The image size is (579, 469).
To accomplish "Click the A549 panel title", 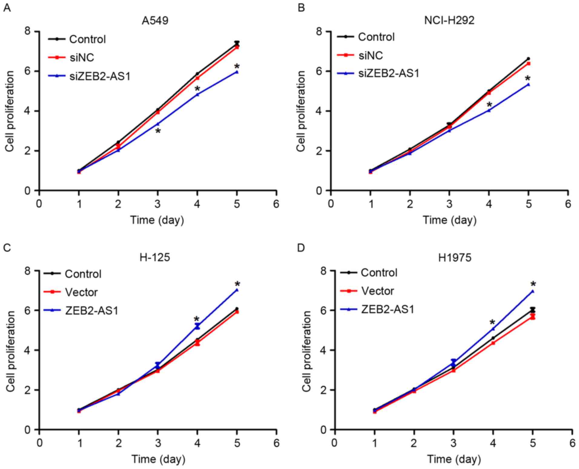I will pyautogui.click(x=155, y=21).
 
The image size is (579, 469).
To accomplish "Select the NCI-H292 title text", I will pyautogui.click(x=449, y=21).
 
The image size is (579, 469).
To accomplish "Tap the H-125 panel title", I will pyautogui.click(x=155, y=258).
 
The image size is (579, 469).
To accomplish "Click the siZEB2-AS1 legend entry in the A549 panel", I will pyautogui.click(x=100, y=76).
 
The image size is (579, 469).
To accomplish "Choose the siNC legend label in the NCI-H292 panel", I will pyautogui.click(x=370, y=55).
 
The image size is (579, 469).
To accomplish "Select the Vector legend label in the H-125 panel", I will pyautogui.click(x=81, y=292).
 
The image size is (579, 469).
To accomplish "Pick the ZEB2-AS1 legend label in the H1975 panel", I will pyautogui.click(x=387, y=309).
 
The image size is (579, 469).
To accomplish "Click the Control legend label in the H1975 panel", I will pyautogui.click(x=379, y=273).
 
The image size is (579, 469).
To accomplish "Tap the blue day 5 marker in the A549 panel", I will pyautogui.click(x=237, y=72).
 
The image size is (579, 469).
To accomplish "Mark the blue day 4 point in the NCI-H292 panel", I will pyautogui.click(x=489, y=111).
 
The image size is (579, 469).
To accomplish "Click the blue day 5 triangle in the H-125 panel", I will pyautogui.click(x=237, y=290).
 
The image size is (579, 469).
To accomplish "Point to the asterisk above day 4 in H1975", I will pyautogui.click(x=493, y=322).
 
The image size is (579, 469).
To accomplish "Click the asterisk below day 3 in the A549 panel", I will pyautogui.click(x=158, y=131).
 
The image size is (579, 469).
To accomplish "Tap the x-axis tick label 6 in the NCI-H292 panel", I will pyautogui.click(x=568, y=204).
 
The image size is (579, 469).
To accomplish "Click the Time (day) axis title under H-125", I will pyautogui.click(x=158, y=459).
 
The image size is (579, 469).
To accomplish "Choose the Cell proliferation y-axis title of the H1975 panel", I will pyautogui.click(x=307, y=351).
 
